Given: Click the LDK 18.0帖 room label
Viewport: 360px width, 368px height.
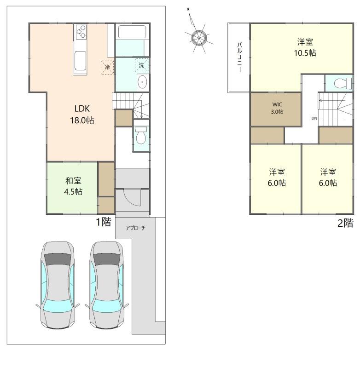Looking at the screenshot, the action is [x=82, y=114].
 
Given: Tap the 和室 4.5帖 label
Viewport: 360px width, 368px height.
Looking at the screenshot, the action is [x=73, y=186].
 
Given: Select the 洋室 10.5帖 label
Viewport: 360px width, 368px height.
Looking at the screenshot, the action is [x=305, y=47].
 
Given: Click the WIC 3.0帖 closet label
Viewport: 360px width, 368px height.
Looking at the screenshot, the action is [x=277, y=108].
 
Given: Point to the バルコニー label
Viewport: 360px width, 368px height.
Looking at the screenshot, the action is [x=240, y=57].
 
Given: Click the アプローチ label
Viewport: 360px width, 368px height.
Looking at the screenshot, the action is [x=135, y=228].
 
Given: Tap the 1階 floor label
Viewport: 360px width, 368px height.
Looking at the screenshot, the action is [x=104, y=222].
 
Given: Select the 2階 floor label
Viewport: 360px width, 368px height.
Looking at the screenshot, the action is [x=345, y=223].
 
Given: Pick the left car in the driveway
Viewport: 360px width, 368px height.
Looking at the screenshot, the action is [x=58, y=285].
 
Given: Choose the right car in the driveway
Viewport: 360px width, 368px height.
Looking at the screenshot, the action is [x=107, y=285].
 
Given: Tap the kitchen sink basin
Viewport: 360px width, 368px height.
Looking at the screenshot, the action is [x=80, y=61].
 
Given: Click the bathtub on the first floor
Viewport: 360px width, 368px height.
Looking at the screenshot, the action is [x=132, y=32].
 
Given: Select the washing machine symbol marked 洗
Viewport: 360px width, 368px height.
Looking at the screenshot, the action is [x=142, y=65].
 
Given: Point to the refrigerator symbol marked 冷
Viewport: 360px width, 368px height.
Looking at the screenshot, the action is [x=107, y=67].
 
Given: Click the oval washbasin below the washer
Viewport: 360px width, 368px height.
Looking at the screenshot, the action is [x=142, y=82].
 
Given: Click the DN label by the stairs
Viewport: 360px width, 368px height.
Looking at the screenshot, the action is [x=314, y=118].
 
